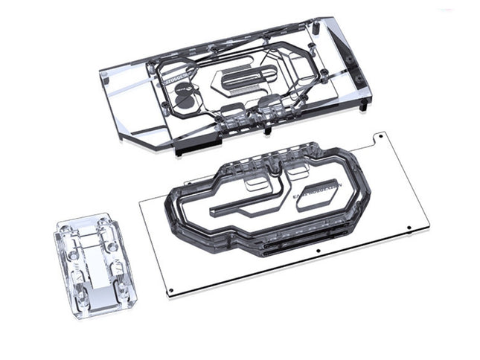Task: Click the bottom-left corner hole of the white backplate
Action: pyautogui.click(x=170, y=290)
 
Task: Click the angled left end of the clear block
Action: pyautogui.click(x=119, y=104)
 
